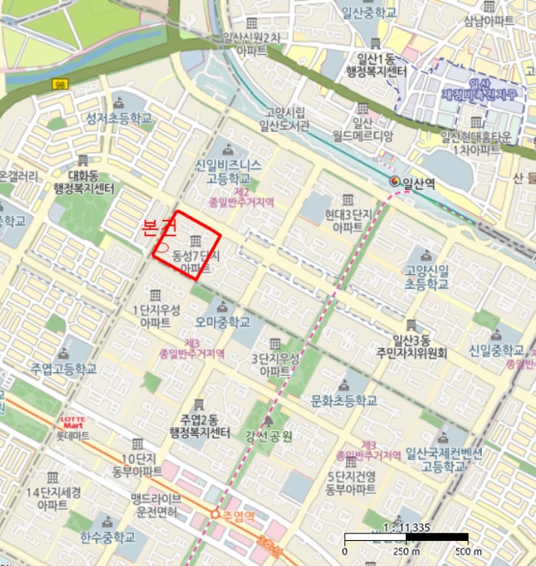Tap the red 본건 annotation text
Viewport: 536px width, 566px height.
(x=158, y=227)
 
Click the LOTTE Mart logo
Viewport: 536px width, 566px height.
(x=74, y=421)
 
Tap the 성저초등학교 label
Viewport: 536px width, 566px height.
(x=119, y=118)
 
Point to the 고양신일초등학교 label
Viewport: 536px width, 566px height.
(x=427, y=279)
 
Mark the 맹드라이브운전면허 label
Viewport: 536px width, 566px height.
(x=158, y=503)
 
